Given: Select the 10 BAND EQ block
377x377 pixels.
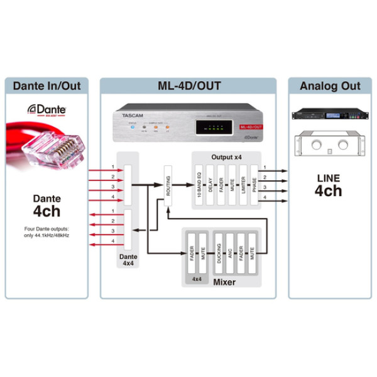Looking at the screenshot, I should (x=200, y=186).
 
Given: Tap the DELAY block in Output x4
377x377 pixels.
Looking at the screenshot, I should (x=210, y=186).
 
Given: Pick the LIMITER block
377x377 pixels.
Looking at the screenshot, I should (x=243, y=186).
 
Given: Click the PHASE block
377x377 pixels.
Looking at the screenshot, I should (x=254, y=186).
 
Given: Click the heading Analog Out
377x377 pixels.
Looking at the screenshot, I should (x=330, y=86).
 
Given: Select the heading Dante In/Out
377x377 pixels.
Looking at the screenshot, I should (x=47, y=86).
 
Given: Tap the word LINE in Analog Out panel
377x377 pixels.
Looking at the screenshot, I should (x=329, y=178).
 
